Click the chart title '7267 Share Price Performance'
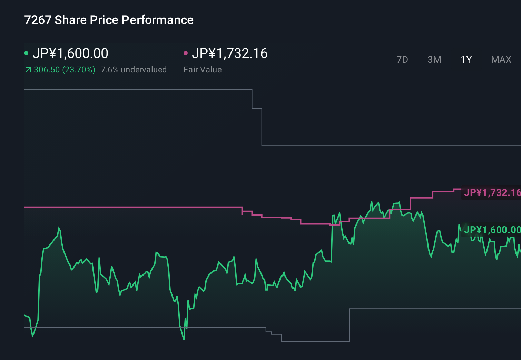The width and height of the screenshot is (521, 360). point(109,20)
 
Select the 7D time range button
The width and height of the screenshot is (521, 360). point(402,60)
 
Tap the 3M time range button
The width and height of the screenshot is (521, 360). point(434,60)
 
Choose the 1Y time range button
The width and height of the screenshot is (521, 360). point(466,60)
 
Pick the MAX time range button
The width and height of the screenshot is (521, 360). point(501,60)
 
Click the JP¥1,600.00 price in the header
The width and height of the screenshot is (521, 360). point(70,53)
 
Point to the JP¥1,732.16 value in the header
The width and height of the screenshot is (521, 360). point(229,53)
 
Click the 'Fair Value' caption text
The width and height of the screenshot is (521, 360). point(203,70)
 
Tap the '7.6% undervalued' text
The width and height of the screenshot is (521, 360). point(134,70)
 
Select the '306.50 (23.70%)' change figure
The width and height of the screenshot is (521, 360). point(64,70)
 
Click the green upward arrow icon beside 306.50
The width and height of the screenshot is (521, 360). point(28,70)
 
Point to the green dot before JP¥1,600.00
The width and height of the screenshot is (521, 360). point(26,53)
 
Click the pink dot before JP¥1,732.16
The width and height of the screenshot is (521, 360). point(186,53)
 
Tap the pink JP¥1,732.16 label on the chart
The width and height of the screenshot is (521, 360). point(492,192)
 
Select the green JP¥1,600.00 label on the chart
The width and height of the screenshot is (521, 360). point(492,230)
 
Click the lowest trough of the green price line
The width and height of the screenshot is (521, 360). point(184,339)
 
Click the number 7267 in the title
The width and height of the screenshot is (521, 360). point(38,20)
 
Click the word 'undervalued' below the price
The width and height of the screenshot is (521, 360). point(144,70)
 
